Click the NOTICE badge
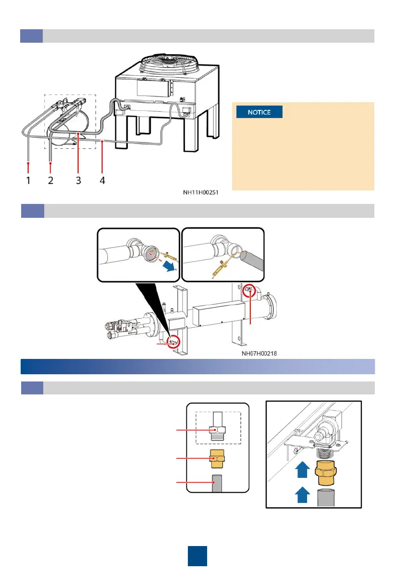click(259, 113)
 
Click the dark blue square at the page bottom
click(197, 555)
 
